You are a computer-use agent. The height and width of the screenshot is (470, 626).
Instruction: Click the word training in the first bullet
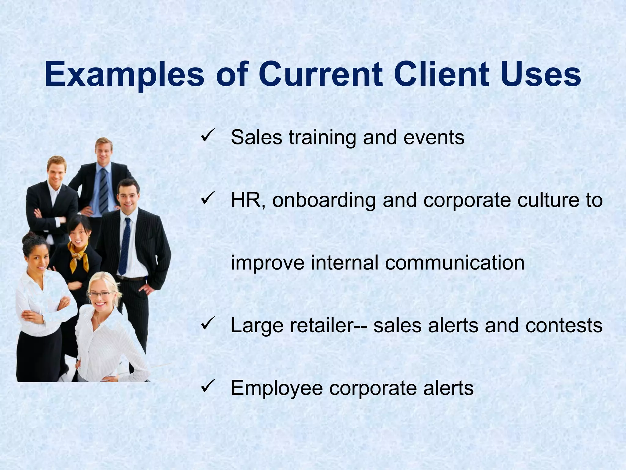point(322,138)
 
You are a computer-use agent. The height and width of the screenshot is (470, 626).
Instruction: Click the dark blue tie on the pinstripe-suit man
point(124,245)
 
